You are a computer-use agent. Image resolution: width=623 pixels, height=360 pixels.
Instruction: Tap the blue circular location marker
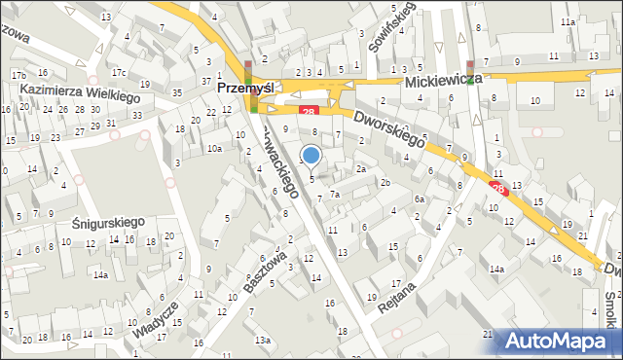coord(311,155)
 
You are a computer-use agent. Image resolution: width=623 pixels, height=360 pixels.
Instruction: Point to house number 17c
coord(119,73)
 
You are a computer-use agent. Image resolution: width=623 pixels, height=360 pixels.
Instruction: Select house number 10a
coord(213,149)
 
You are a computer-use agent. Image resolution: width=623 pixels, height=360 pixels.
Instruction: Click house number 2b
coord(385,183)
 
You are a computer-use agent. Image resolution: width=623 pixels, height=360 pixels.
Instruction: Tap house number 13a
coord(263,340)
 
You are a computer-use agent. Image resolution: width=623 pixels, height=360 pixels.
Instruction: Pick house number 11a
coord(568,21)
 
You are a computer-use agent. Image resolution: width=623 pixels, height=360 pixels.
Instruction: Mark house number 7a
coord(334,195)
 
